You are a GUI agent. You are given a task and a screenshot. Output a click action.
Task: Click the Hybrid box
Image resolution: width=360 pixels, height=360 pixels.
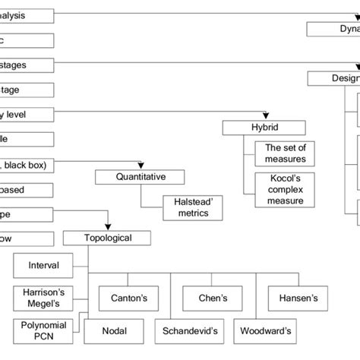(x=264, y=128)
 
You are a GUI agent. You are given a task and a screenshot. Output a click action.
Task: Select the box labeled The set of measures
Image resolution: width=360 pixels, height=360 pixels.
(x=285, y=153)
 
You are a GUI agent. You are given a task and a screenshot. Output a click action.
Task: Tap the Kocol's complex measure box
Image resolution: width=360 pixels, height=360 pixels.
(x=285, y=189)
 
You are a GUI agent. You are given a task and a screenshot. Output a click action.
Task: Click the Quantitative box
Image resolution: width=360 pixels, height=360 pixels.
(x=141, y=177)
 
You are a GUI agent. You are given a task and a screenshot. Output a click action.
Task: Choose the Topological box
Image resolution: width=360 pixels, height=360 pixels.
(x=108, y=238)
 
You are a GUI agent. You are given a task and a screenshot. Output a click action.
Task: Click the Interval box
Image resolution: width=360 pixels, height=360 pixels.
(x=43, y=265)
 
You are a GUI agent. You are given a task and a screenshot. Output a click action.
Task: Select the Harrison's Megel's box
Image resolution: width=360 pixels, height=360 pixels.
(x=43, y=298)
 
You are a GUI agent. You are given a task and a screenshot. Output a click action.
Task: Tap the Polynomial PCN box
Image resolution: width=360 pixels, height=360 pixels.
(x=43, y=330)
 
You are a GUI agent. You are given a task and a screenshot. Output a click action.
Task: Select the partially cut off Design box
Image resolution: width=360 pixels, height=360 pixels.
(x=334, y=77)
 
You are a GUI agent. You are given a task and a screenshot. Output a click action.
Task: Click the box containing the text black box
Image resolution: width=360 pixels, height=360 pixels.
(x=27, y=164)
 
